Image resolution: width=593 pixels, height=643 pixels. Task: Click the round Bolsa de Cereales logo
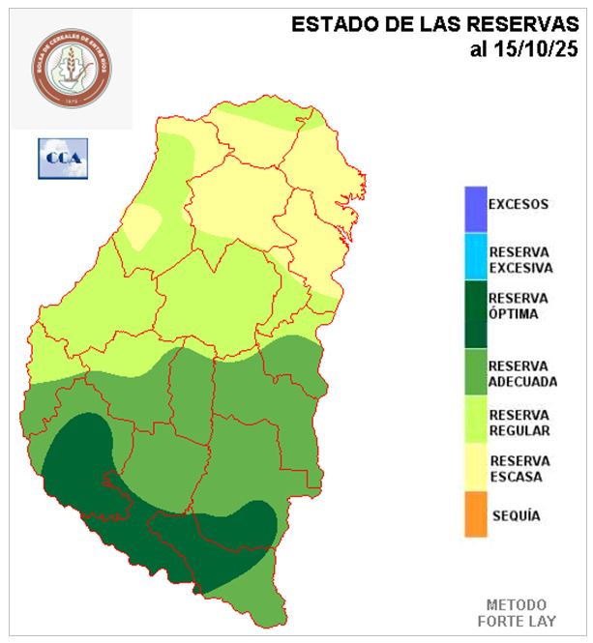pyautogui.click(x=73, y=69)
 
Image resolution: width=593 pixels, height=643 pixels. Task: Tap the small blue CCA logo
pyautogui.click(x=63, y=158)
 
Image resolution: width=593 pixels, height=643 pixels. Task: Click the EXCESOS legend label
pyautogui.click(x=518, y=204)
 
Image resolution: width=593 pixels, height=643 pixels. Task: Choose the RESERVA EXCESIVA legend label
pyautogui.click(x=519, y=259)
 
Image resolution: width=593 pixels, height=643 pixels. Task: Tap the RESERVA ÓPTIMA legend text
pyautogui.click(x=519, y=306)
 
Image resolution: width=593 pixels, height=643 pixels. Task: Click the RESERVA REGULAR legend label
pyautogui.click(x=519, y=422)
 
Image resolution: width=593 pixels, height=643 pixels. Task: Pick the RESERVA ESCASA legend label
pyautogui.click(x=519, y=469)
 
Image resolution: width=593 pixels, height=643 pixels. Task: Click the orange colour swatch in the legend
pyautogui.click(x=474, y=513)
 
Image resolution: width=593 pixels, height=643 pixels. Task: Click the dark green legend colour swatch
pyautogui.click(x=474, y=314)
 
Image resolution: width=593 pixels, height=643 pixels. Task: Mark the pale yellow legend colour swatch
pyautogui.click(x=474, y=468)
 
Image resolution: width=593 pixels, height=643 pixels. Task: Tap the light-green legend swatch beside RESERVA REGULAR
pyautogui.click(x=474, y=421)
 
